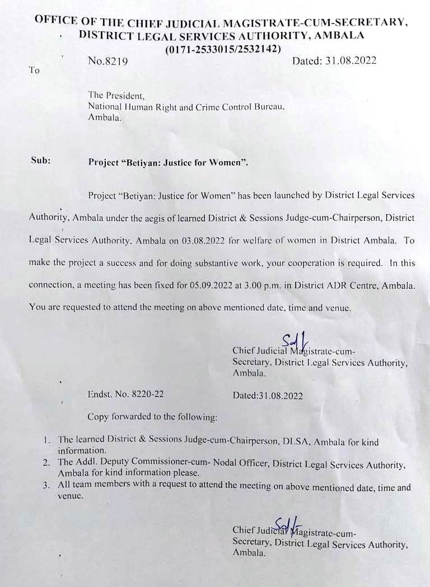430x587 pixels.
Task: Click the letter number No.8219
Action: click(x=107, y=62)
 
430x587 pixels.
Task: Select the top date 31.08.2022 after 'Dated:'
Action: click(x=350, y=61)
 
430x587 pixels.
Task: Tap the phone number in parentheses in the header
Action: click(x=222, y=49)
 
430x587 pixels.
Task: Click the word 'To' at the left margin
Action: click(x=34, y=71)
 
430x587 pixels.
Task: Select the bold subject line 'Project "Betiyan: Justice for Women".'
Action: click(x=167, y=163)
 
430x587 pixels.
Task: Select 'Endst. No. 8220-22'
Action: click(x=125, y=395)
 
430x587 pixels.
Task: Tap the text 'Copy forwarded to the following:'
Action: click(x=152, y=417)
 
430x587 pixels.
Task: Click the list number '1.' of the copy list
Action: click(x=48, y=440)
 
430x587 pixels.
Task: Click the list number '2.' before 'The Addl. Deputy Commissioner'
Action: click(x=48, y=463)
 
